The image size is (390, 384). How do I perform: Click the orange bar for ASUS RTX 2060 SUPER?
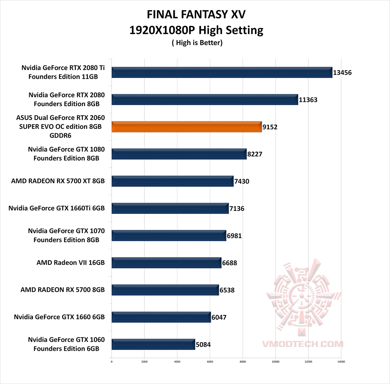[186, 127]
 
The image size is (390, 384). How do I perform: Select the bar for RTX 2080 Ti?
[221, 72]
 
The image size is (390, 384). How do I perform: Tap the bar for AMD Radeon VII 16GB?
[166, 263]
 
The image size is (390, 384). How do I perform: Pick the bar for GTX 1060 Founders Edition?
[153, 344]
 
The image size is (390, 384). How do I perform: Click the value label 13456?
[342, 73]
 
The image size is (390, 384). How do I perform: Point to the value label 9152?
[270, 127]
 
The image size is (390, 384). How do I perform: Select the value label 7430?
[242, 181]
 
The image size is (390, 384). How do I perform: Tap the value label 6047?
[219, 317]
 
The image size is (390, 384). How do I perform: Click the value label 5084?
[203, 345]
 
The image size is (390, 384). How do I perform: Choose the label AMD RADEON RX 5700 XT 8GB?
[58, 181]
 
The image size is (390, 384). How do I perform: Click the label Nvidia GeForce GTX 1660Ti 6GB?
[57, 208]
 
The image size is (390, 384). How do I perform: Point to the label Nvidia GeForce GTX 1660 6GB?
[59, 317]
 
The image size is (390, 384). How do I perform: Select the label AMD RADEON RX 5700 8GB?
[62, 290]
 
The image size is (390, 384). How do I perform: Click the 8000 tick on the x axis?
[243, 361]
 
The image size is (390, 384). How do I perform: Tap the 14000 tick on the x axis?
[341, 361]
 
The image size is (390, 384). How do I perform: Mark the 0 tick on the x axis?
[112, 361]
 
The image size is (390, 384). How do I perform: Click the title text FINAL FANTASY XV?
[196, 15]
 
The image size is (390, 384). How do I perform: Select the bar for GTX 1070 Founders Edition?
[169, 236]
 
